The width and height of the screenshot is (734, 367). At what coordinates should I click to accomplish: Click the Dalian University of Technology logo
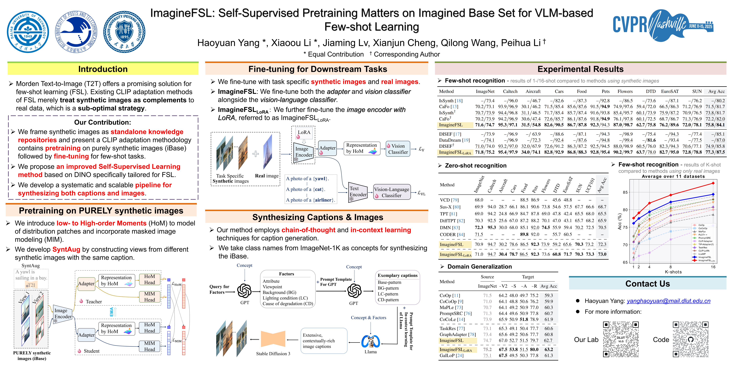click(x=28, y=32)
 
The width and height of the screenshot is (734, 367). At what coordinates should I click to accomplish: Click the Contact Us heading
click(x=647, y=284)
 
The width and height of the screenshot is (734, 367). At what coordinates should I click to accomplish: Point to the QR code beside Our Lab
click(x=621, y=339)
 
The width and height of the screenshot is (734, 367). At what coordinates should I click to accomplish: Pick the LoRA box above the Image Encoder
click(x=304, y=133)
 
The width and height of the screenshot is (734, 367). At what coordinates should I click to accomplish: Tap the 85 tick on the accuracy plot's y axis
click(x=625, y=192)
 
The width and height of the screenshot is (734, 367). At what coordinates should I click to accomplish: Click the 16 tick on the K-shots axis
click(x=713, y=267)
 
